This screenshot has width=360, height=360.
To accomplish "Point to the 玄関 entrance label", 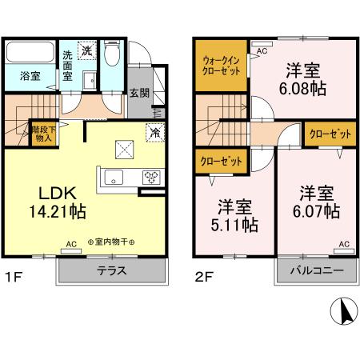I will tap(138, 93).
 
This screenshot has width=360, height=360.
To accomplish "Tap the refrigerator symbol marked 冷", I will tap(152, 133).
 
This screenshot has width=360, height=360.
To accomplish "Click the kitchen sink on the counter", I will tap(112, 177).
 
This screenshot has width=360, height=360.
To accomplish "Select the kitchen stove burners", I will tap(150, 177).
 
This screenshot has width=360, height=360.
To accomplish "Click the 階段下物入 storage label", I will tap(42, 133).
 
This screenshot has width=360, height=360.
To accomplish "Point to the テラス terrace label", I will tap(112, 270).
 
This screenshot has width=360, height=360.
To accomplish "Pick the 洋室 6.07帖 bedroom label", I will tap(316, 202).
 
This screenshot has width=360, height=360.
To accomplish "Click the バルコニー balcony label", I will tap(317, 270).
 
